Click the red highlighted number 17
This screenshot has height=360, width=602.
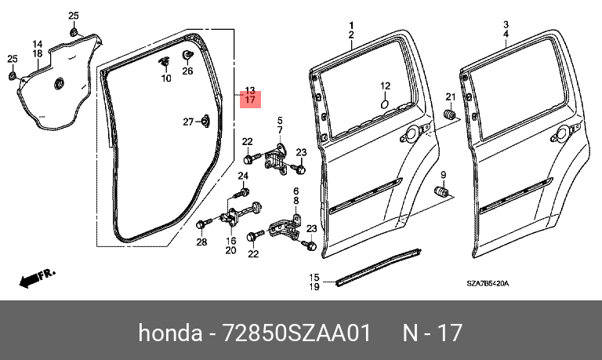click(250, 100)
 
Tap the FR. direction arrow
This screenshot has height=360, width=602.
click(38, 278)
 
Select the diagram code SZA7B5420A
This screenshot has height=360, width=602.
click(488, 284)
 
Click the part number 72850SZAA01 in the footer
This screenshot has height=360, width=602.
click(296, 333)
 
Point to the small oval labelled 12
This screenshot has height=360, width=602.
click(385, 104)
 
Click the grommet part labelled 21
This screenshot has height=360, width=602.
click(449, 115)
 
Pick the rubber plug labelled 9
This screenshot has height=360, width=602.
click(442, 191)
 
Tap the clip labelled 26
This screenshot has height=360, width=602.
click(187, 55)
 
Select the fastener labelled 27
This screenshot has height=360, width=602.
click(205, 121)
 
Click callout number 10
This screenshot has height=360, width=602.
click(166, 78)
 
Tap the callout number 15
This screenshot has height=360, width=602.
click(314, 277)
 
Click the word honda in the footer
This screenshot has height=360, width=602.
click(170, 333)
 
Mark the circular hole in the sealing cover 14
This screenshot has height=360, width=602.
click(60, 83)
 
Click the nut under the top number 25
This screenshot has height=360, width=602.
click(74, 31)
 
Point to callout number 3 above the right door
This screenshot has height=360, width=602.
click(506, 25)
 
